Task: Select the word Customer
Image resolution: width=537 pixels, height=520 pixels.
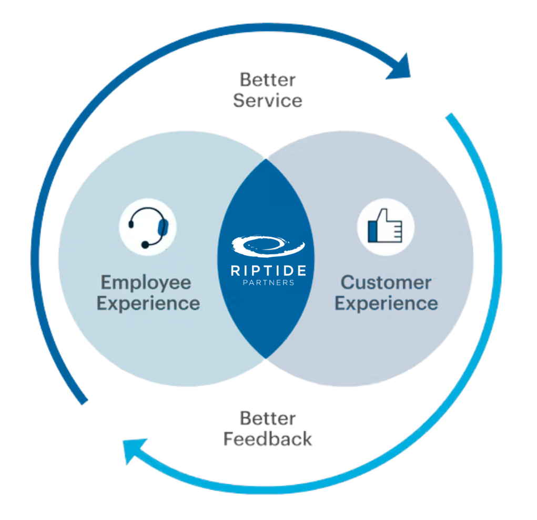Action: click(x=386, y=283)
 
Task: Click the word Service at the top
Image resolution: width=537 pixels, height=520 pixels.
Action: click(x=268, y=100)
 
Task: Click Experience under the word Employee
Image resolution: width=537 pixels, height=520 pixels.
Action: click(x=148, y=304)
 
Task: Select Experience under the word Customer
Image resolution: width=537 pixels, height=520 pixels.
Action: click(x=386, y=304)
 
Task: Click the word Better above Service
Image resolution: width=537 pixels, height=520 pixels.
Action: click(x=268, y=80)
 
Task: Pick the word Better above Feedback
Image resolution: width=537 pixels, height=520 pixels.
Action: click(x=268, y=419)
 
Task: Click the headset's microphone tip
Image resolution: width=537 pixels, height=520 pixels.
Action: click(x=145, y=245)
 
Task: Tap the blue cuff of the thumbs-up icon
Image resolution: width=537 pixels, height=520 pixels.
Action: click(x=373, y=231)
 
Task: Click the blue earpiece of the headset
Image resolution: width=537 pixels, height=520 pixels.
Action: click(x=163, y=227)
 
